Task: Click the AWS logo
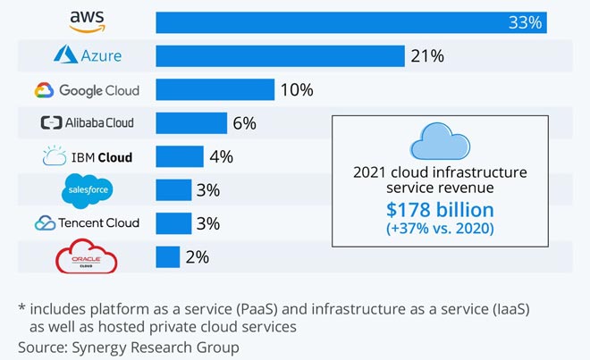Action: pos(87,22)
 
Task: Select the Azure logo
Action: pos(87,56)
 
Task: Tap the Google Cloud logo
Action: pos(87,90)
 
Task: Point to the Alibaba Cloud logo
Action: pos(87,123)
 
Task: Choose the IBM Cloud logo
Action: pos(87,157)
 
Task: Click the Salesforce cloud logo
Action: pos(87,190)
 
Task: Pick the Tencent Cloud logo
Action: pos(87,223)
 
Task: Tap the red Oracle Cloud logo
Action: pos(87,258)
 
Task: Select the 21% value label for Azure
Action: pos(426,56)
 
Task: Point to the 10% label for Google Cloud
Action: pos(296,90)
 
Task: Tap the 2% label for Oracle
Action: pos(197,257)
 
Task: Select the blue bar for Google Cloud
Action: pos(215,89)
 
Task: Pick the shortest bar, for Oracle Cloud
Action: pos(167,257)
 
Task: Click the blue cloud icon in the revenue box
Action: pos(441,142)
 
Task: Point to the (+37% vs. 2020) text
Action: pos(441,230)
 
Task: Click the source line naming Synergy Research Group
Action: pos(129,345)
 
